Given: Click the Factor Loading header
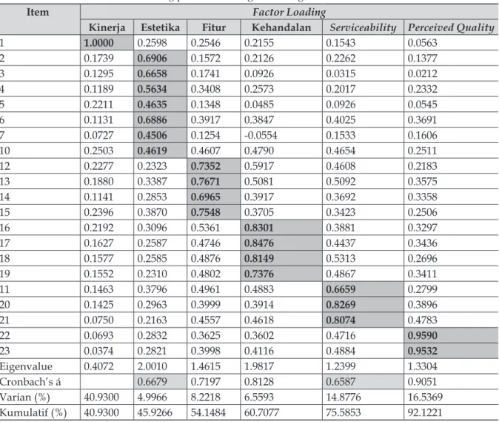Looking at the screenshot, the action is [289, 12].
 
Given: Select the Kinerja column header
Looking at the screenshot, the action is [107, 27].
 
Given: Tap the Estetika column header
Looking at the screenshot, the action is [160, 27].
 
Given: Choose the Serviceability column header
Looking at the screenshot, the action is [363, 27].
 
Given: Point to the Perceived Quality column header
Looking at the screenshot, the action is [451, 27].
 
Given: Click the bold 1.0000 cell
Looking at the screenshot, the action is [98, 43].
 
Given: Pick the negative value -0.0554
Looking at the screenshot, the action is [261, 135].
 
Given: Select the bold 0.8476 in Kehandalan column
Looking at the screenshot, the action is [258, 243].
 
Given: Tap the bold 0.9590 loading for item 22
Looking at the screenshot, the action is [422, 335].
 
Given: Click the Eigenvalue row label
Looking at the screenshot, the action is [26, 366].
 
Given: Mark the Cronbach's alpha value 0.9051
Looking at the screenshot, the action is [422, 381].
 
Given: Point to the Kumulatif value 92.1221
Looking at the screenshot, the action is [425, 412].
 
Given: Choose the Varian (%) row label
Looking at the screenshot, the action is [25, 397].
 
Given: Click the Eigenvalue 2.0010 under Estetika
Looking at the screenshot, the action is [152, 366].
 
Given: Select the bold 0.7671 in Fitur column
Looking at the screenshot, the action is [205, 182].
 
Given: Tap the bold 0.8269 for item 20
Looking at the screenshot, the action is [341, 304].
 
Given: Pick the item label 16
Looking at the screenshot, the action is [4, 228].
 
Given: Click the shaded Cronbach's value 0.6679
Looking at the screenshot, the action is [152, 381].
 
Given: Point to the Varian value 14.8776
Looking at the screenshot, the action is [343, 397].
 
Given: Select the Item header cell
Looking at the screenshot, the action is [38, 12].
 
